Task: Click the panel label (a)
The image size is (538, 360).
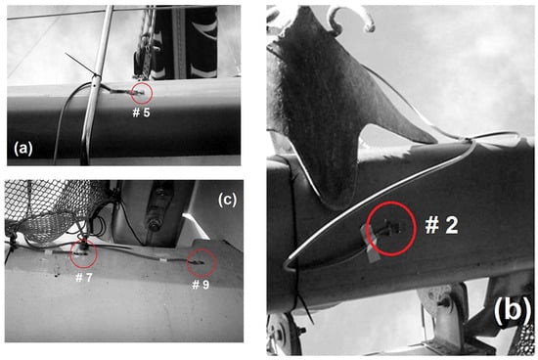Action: [23, 150]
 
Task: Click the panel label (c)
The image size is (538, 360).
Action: [227, 201]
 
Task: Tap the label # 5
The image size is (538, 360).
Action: [142, 112]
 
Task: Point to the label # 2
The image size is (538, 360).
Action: [441, 225]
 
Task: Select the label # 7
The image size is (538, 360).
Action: [84, 277]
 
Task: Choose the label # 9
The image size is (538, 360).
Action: [201, 285]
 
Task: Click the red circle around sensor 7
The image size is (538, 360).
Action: [70, 254]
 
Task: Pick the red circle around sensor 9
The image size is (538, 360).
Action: [188, 263]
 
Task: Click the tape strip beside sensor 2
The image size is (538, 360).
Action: [370, 245]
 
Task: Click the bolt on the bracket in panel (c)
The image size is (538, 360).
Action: [153, 225]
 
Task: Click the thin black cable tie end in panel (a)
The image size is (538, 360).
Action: [80, 64]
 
